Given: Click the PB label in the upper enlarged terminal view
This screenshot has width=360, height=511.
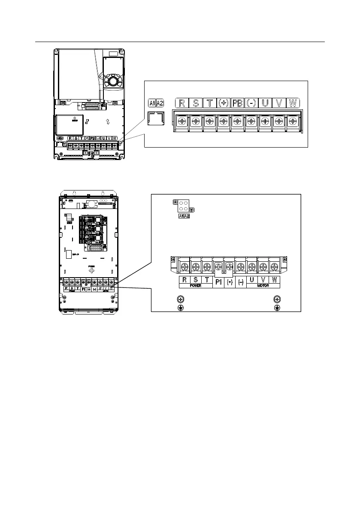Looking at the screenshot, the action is coord(237,103).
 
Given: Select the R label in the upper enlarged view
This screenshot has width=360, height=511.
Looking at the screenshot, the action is coord(182,103).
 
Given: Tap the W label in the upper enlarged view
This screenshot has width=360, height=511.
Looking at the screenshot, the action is coord(293,103).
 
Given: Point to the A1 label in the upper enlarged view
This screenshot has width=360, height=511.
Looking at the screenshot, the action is coord(152,103).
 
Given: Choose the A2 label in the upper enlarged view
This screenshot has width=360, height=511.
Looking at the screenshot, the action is coord(160,103).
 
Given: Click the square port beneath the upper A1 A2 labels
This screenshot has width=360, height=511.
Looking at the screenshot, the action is coord(155,118).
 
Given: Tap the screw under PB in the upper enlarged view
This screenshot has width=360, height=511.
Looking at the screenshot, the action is coord(237,121).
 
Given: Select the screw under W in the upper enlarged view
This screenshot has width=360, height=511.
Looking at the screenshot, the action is coord(293,121).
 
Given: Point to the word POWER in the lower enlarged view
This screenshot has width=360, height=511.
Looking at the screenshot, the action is coord(196,285).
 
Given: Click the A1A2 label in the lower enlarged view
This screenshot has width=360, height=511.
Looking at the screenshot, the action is coord(184,216).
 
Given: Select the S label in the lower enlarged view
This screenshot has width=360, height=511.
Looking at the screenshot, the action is coord(196,280).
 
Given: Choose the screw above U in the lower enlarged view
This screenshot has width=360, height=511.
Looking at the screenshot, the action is coord(252,266).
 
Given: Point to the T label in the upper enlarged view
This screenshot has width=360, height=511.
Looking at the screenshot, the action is coord(210,103).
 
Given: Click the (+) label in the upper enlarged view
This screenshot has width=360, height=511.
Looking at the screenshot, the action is coord(224,103).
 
